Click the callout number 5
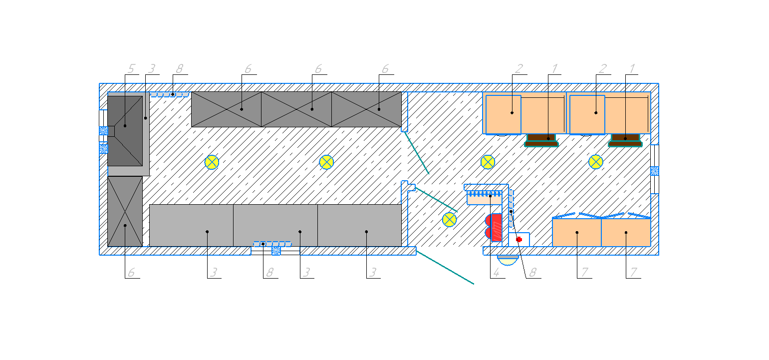coord(131,69)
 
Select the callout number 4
coord(496,273)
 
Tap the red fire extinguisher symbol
coord(494,227)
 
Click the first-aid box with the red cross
coord(519,240)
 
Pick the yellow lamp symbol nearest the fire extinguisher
coord(450,220)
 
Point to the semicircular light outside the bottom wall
coord(508,260)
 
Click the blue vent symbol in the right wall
coord(655,171)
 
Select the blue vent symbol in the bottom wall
coord(276,251)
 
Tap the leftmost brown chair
coord(541,140)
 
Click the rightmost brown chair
coord(625,140)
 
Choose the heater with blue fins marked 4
coord(485,198)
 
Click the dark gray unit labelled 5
coord(125,131)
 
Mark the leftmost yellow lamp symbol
coord(212,162)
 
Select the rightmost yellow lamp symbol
coord(596,162)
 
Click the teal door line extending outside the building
coord(445,268)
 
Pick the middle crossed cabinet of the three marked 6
coord(296,109)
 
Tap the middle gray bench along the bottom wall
coord(275,225)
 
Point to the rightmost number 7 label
coord(634,273)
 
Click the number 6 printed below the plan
coord(131,273)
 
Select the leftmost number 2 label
coord(518,69)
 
